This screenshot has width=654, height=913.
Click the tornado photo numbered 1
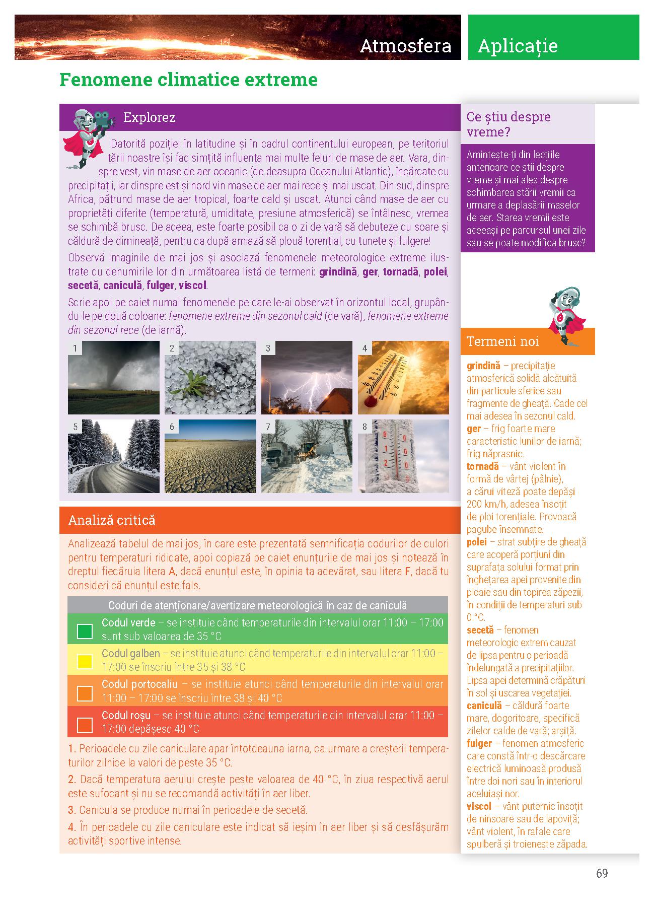tap(113, 377)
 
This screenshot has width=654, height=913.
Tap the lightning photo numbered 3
tap(307, 377)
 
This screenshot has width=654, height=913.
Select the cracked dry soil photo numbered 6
tap(210, 456)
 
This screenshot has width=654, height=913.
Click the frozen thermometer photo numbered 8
tap(403, 456)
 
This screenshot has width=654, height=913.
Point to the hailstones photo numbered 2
tap(210, 377)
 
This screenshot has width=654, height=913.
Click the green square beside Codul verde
tap(85, 630)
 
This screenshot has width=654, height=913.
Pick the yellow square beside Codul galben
tap(85, 661)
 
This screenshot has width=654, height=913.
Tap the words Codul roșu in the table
tap(126, 715)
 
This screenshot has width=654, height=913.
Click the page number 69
tap(602, 873)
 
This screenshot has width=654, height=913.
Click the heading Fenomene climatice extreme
tap(188, 80)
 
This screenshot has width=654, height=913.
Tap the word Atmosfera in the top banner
tap(406, 46)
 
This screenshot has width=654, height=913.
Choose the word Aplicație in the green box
tap(518, 46)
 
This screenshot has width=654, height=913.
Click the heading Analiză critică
tap(112, 520)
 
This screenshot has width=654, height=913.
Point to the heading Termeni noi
tap(502, 341)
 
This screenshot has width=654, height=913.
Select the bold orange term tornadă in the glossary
tap(482, 466)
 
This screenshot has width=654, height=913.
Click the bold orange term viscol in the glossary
tap(479, 807)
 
